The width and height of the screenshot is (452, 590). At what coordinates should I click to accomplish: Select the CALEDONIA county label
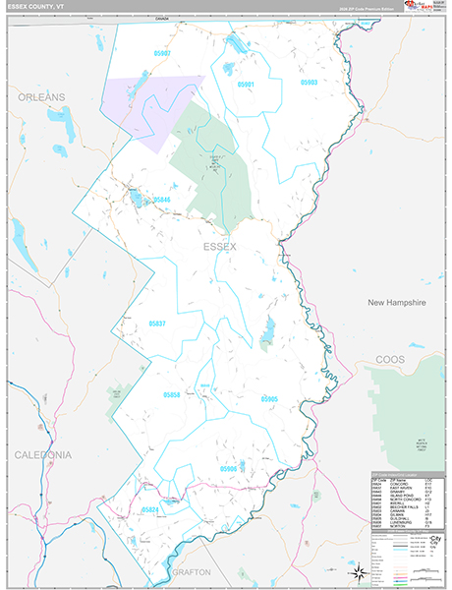pos(42,455)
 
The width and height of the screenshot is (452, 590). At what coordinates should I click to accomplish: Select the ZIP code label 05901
pos(245,85)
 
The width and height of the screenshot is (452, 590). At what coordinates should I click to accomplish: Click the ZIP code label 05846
pos(161,200)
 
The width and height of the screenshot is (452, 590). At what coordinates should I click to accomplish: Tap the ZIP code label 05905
pos(269,398)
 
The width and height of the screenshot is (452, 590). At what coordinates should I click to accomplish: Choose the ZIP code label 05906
pos(229,469)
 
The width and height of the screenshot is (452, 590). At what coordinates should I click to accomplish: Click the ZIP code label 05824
pos(149,509)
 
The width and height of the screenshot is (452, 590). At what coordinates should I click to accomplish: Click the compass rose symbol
pos(360,570)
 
